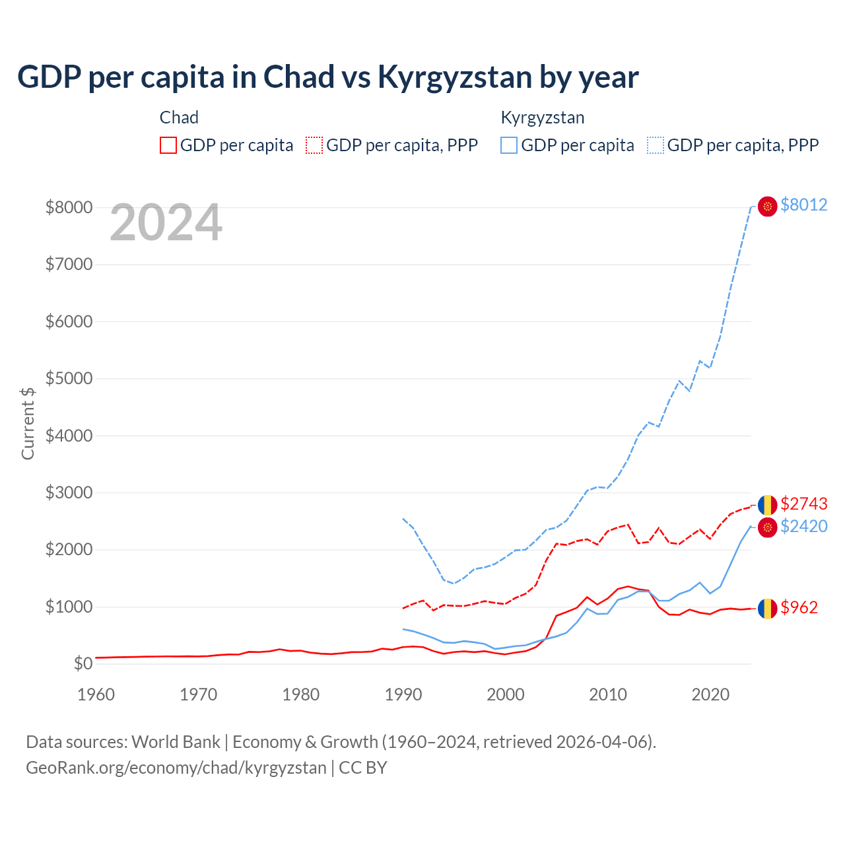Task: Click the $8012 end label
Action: (x=803, y=205)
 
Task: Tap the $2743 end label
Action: (x=803, y=504)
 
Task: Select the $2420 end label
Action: (x=803, y=526)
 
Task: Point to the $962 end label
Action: (x=799, y=607)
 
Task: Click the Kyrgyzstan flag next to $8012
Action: (x=767, y=206)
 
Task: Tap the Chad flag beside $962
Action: (x=767, y=608)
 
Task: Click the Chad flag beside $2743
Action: (x=767, y=505)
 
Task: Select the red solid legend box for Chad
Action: (x=168, y=145)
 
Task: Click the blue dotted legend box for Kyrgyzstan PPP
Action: (x=656, y=145)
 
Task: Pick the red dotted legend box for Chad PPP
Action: (x=314, y=145)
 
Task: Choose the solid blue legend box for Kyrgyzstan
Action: (x=509, y=145)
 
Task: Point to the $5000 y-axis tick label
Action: (x=69, y=378)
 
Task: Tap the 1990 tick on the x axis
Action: (x=403, y=694)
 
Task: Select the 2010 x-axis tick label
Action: (x=608, y=694)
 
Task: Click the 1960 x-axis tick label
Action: (x=96, y=694)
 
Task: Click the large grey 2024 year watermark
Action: (x=166, y=223)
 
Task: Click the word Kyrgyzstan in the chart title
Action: (x=455, y=77)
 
